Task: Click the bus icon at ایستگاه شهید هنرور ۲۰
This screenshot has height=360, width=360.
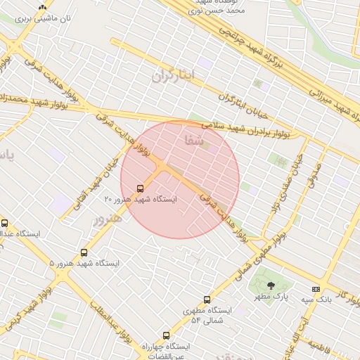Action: click(140, 188)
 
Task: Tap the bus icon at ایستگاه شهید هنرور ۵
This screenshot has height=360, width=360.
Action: click(84, 252)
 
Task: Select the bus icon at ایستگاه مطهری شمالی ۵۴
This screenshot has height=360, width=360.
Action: click(206, 300)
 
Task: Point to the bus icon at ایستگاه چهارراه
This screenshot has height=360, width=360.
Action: click(166, 336)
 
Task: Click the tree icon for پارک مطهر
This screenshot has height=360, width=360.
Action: click(271, 285)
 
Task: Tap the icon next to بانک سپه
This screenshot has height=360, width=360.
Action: click(316, 289)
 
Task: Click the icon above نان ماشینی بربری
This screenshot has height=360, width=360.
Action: click(43, 6)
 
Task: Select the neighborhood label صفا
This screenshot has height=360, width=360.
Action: click(193, 141)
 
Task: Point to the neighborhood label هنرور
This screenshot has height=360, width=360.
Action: click(108, 219)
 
